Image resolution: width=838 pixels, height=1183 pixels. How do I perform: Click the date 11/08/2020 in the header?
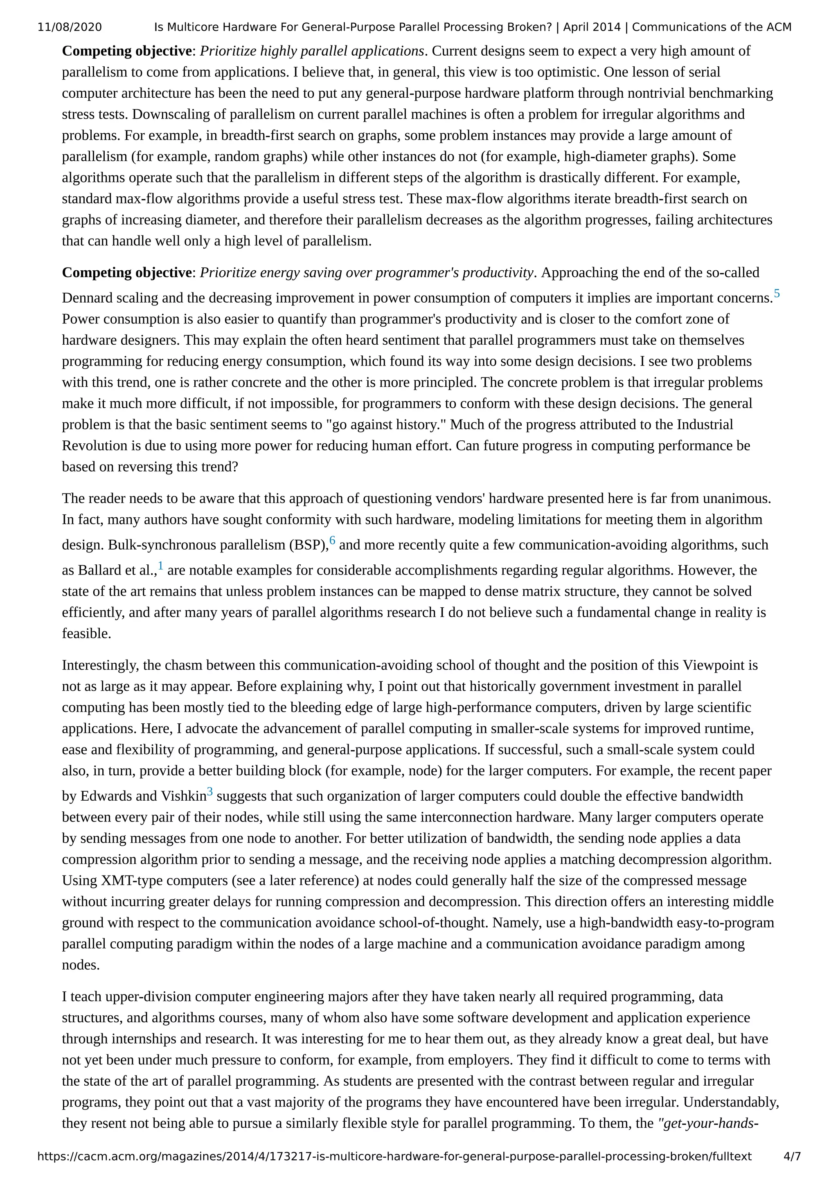tap(70, 27)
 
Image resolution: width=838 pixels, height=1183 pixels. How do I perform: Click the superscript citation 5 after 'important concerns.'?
tap(777, 294)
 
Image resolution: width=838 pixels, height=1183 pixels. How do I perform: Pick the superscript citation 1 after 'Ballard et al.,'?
tap(160, 566)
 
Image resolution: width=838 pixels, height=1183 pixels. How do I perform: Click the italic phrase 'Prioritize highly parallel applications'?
tap(312, 51)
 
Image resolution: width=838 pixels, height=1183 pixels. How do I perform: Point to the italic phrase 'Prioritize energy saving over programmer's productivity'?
tap(366, 272)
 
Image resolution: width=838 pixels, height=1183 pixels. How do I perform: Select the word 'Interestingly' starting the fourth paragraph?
tap(99, 665)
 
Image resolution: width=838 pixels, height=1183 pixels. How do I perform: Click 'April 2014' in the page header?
tap(592, 27)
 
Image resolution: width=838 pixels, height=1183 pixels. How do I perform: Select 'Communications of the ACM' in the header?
tap(712, 27)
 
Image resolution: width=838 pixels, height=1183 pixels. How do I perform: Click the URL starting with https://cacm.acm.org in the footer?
tap(394, 1156)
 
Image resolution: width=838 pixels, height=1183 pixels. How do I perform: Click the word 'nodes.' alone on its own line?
tap(81, 965)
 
